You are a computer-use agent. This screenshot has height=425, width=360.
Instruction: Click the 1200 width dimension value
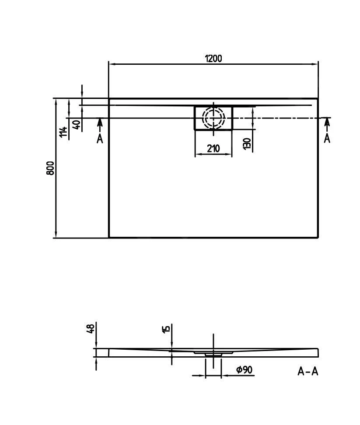[x=213, y=58]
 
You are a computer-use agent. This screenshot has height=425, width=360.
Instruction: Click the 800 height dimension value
[x=50, y=168]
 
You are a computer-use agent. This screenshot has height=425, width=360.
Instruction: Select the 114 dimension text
[x=64, y=132]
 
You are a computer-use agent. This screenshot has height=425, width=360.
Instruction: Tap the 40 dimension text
[x=76, y=125]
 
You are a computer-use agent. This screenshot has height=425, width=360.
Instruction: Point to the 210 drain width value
[x=213, y=149]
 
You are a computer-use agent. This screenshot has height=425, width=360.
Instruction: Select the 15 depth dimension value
[x=166, y=329]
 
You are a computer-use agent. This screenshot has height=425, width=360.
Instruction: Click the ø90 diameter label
[x=244, y=370]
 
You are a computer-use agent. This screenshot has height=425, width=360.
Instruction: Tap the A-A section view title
[x=308, y=372]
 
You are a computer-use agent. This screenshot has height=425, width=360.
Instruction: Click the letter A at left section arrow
[x=100, y=139]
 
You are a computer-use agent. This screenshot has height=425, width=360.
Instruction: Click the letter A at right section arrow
[x=327, y=138]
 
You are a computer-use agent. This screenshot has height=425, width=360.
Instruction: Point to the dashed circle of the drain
[x=213, y=118]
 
